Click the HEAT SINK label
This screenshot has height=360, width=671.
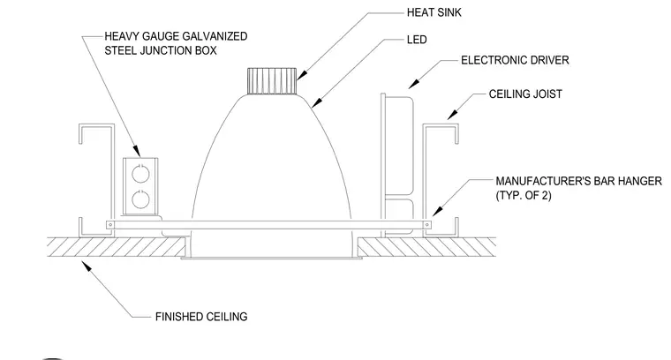434,13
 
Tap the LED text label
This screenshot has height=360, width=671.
417,40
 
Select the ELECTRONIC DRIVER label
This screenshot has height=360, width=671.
515,60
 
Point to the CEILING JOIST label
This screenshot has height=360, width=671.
525,94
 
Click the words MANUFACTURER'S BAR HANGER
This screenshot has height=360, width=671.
578,181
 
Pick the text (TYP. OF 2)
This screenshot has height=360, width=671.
524,195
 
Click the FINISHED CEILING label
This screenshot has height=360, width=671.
201,317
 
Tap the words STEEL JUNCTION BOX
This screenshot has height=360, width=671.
161,50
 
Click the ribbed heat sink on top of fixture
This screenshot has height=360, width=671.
272,81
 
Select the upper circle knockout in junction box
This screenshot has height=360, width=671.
140,174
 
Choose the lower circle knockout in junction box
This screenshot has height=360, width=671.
140,199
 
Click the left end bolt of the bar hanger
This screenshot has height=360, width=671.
110,225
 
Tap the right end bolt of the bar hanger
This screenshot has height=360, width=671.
426,225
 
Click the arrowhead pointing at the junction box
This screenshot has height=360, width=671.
136,151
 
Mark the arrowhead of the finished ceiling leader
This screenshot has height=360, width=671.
86,266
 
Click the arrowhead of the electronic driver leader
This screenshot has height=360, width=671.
414,84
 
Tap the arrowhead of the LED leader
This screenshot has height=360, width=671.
317,101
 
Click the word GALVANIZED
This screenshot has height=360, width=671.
215,36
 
